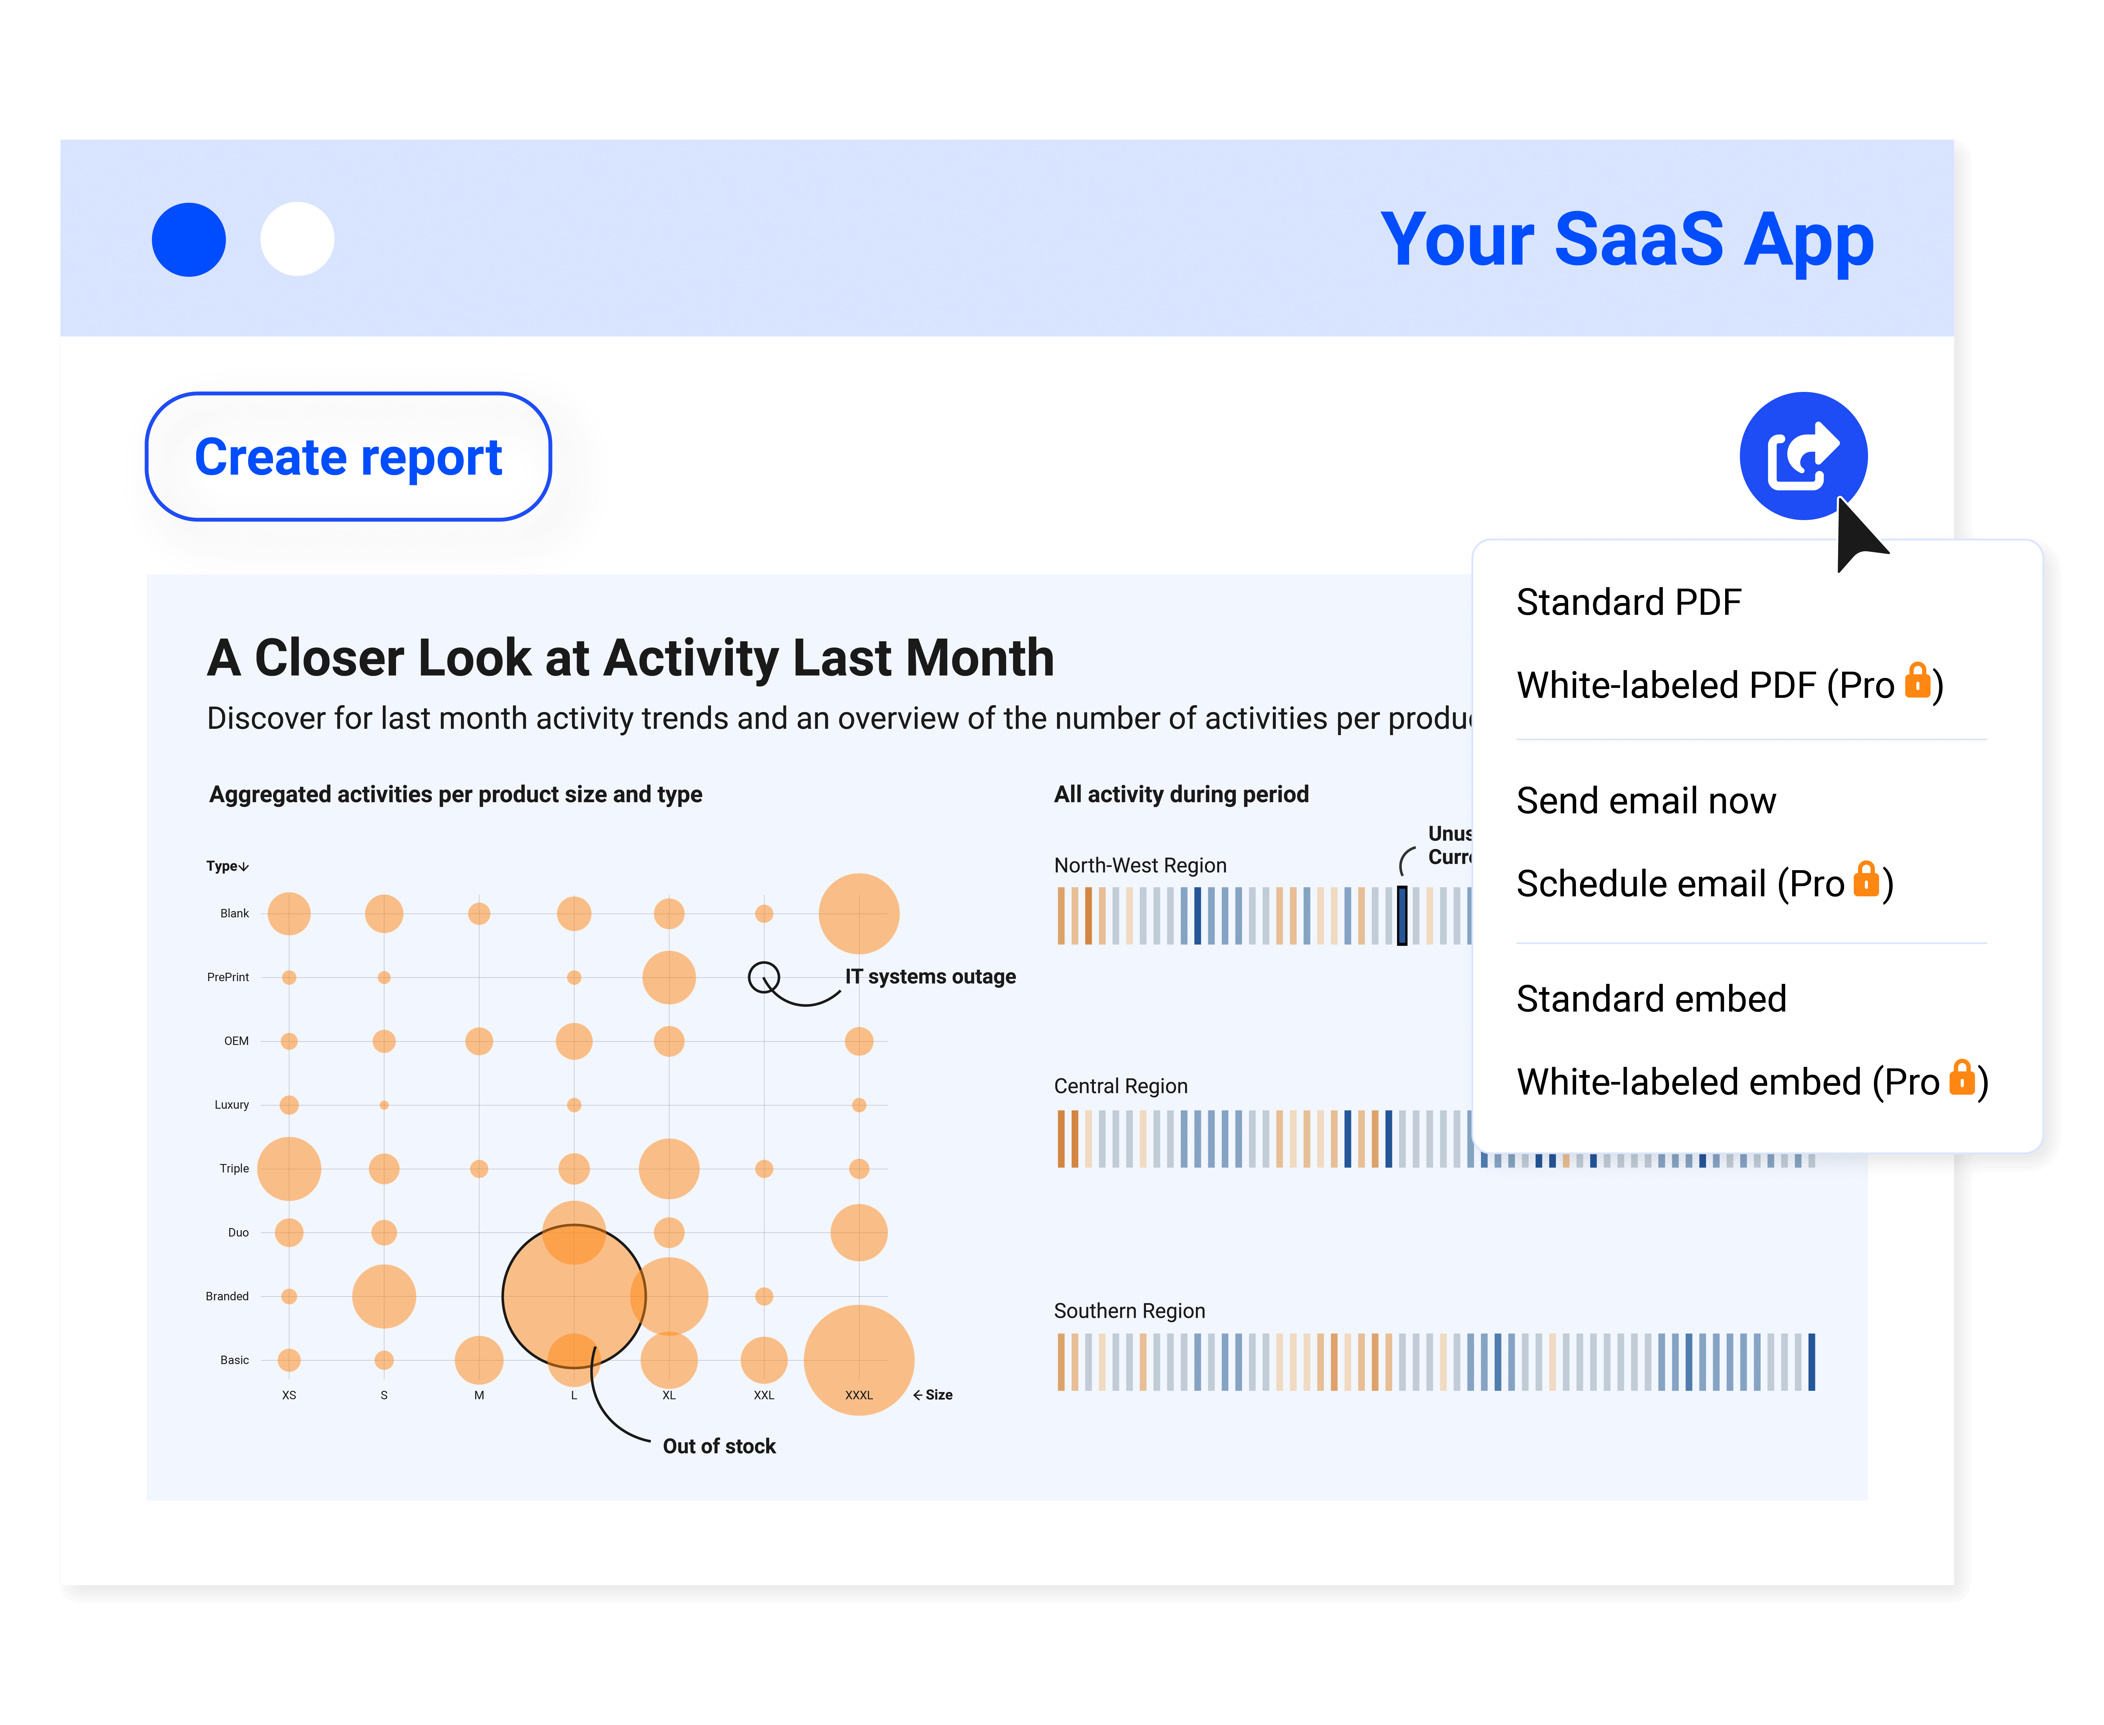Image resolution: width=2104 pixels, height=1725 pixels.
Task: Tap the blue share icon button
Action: point(1803,456)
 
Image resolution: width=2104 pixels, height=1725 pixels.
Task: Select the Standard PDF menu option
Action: point(1628,602)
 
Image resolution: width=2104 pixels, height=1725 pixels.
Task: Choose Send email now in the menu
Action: point(1645,801)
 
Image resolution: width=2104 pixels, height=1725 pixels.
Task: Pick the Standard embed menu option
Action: point(1651,999)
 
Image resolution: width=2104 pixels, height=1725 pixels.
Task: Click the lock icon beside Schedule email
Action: point(1866,880)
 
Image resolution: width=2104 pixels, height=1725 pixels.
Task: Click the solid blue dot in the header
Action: point(189,239)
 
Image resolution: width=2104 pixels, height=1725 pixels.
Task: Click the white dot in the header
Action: point(297,239)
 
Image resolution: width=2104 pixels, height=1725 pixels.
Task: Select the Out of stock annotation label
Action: point(719,1447)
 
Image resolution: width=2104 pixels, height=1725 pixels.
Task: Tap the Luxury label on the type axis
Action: point(232,1105)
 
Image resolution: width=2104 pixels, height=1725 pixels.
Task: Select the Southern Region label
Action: point(1129,1312)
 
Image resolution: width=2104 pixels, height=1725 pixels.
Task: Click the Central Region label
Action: point(1120,1086)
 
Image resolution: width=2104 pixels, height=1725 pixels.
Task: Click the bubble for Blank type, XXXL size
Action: point(858,913)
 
